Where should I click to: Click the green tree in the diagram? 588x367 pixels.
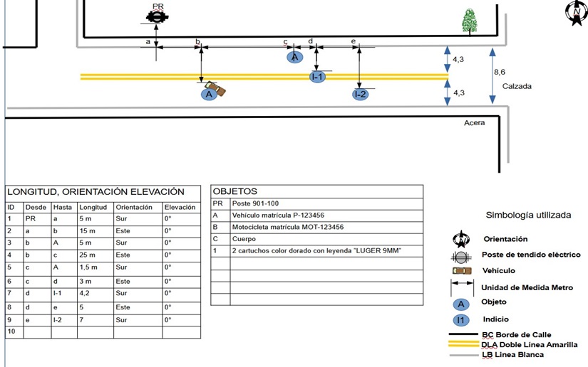click(x=469, y=21)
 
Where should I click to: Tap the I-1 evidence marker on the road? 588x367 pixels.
click(x=317, y=76)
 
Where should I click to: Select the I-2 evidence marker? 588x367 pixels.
click(x=360, y=94)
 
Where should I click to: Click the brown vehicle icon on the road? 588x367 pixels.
click(x=217, y=90)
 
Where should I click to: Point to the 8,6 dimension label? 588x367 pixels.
click(x=500, y=73)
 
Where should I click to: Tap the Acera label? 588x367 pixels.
click(x=475, y=123)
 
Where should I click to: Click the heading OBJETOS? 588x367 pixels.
click(x=235, y=191)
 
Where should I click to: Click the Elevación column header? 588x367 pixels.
click(x=179, y=207)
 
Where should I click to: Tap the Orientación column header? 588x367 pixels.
click(x=133, y=207)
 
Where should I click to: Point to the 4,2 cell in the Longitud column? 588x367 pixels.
click(x=86, y=292)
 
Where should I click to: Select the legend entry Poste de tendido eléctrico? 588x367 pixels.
click(x=531, y=255)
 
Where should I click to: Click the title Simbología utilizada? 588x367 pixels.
click(x=527, y=214)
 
